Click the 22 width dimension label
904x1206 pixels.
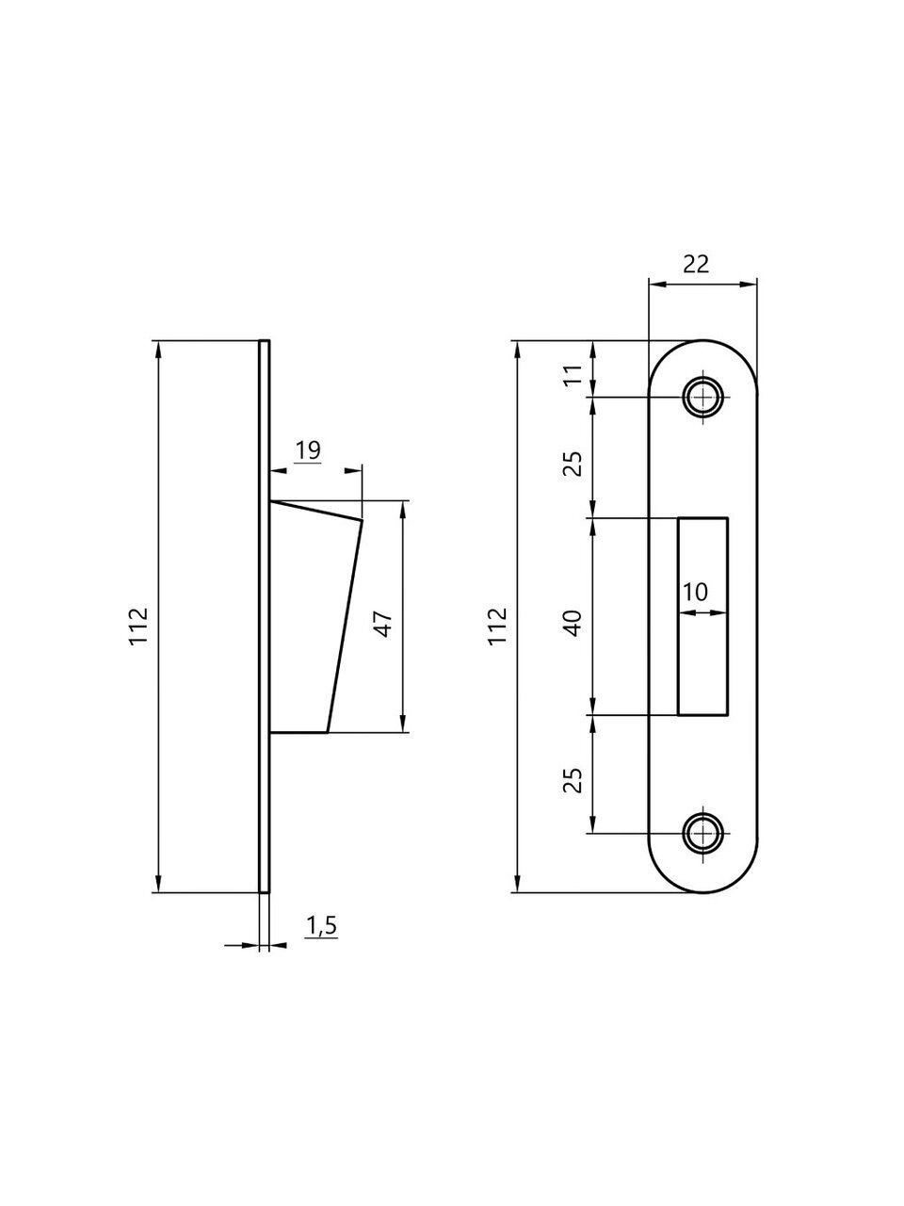[x=696, y=264]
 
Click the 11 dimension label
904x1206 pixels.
[x=573, y=375]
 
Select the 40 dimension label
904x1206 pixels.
[x=573, y=624]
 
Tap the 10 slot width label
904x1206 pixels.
[x=695, y=592]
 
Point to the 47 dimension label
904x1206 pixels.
[x=385, y=624]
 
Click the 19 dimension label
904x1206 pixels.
[x=308, y=450]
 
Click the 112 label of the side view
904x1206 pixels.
[x=138, y=626]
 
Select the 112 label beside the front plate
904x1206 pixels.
[x=497, y=626]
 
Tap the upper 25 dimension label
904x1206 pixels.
[x=573, y=464]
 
